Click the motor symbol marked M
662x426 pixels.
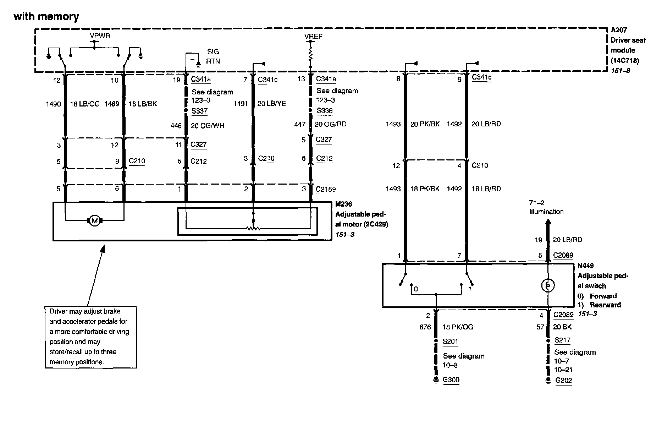(x=94, y=221)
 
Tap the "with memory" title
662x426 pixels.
(x=46, y=17)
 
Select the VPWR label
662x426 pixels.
(x=100, y=36)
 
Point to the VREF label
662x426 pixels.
(x=313, y=37)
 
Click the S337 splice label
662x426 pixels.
(x=199, y=111)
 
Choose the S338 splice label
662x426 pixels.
(x=324, y=111)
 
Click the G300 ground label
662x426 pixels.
(x=451, y=380)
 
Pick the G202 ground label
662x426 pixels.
(x=563, y=381)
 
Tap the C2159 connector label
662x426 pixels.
(x=326, y=190)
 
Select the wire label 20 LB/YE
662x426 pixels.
(x=271, y=104)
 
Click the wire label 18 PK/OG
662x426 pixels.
(x=458, y=327)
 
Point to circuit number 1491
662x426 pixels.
(x=241, y=104)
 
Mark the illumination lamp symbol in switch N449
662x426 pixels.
(x=548, y=285)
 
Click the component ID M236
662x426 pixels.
(x=344, y=204)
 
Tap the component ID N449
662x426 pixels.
(x=585, y=266)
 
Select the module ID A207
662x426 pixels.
(x=619, y=30)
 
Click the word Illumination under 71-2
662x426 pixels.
(x=546, y=212)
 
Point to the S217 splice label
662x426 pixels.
(x=562, y=340)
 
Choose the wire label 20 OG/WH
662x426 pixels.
(x=208, y=126)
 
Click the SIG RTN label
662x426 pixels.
(x=213, y=56)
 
